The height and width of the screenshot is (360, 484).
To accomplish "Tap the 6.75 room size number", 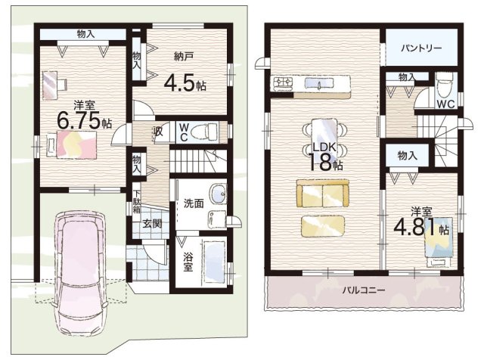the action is tap(79, 121).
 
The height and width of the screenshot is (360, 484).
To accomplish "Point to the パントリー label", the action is tap(421, 48).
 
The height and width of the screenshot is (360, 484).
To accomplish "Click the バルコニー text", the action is tap(364, 290).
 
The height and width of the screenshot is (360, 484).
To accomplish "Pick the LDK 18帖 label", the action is tap(325, 157).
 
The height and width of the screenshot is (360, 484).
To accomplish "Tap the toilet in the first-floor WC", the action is tap(204, 132).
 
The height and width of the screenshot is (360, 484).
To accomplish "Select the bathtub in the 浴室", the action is tap(215, 262).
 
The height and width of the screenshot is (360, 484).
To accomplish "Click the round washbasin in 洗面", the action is tap(219, 194).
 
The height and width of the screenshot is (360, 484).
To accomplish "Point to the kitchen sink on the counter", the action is tap(319, 83).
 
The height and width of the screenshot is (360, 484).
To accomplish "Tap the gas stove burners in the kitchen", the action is tap(283, 83).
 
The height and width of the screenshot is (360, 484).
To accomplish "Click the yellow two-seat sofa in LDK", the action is tap(323, 194).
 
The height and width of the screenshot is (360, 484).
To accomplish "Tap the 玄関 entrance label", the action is tap(153, 223).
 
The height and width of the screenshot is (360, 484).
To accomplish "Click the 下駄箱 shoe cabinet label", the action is tap(136, 201).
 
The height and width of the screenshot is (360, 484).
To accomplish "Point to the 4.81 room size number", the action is tap(417, 227).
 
